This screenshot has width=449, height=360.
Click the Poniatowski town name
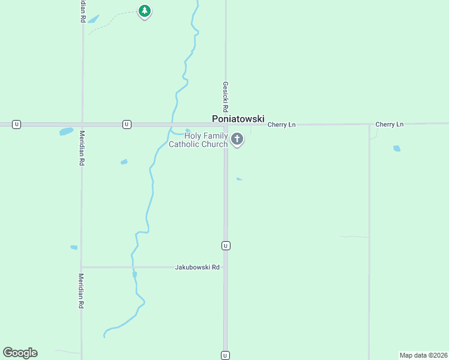[x=238, y=119]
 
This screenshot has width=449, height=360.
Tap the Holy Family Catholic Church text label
[x=198, y=140]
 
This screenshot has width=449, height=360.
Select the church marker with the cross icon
[x=237, y=140]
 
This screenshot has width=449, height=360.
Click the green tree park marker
[x=144, y=11]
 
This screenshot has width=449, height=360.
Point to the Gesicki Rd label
[x=226, y=98]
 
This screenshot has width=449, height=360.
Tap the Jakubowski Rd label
[x=197, y=268]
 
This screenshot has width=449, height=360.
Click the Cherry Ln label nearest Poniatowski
[x=282, y=125]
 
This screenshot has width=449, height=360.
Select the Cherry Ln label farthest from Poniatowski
[x=390, y=124]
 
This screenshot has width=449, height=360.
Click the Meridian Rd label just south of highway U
[x=82, y=148]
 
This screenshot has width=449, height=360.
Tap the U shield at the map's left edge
[x=17, y=124]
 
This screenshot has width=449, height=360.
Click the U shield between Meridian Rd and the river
[x=127, y=124]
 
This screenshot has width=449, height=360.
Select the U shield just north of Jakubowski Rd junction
[x=226, y=245]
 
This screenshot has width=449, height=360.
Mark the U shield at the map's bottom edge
[x=226, y=355]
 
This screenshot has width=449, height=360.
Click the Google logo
[x=20, y=353]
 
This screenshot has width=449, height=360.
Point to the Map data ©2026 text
[x=423, y=355]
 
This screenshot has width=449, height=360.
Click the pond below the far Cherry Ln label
[x=396, y=148]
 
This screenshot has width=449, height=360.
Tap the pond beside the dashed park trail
[x=93, y=19]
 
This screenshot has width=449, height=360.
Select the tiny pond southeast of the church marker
[x=240, y=179]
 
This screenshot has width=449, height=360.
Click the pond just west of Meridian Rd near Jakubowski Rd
[x=74, y=247]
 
